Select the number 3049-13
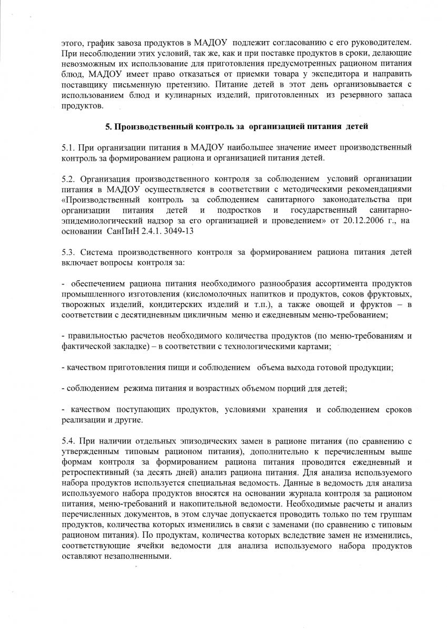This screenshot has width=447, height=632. pyautogui.click(x=185, y=231)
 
